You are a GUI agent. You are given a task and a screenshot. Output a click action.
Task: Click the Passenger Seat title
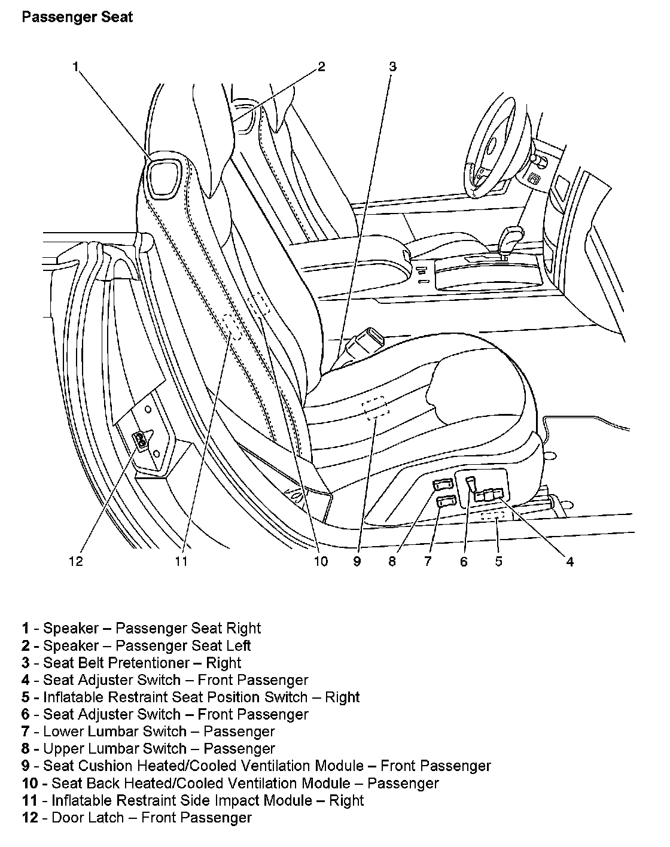(x=77, y=17)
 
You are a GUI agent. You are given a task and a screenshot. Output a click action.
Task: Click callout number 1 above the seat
(x=75, y=67)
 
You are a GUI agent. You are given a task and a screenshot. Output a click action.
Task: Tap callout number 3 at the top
(x=392, y=67)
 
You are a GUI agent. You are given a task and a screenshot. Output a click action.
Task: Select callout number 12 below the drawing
(x=76, y=561)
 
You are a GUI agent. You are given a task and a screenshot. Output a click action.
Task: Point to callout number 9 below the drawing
(x=357, y=561)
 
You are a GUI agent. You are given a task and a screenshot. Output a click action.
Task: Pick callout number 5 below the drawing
(x=498, y=561)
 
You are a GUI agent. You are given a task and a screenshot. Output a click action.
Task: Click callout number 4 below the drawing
(x=569, y=561)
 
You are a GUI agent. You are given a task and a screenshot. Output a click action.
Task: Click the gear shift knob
(x=510, y=237)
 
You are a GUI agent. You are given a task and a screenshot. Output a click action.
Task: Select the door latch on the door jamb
(x=142, y=440)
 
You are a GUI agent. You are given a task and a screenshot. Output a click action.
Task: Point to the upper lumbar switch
(x=443, y=486)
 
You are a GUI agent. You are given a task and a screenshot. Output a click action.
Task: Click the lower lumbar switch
(x=445, y=501)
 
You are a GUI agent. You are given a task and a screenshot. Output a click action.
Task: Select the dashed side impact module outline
(x=233, y=327)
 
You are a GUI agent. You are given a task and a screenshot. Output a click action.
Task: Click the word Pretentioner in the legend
(x=153, y=663)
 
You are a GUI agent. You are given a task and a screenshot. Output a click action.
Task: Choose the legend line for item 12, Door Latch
(x=137, y=818)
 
